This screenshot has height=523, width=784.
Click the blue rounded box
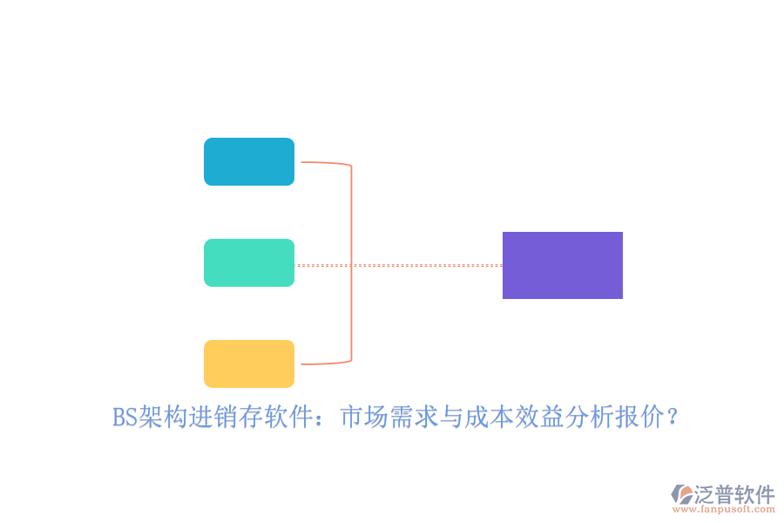249,161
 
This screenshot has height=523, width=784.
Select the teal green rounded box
249,262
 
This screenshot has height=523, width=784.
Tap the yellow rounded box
249,363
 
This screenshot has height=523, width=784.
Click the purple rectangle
563,265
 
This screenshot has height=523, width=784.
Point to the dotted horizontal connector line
398,265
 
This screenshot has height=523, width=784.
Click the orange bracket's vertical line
352,262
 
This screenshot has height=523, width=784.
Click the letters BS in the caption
125,417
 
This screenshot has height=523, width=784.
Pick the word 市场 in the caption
364,417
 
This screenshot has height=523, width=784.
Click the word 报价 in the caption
640,417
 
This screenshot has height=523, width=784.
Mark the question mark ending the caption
672,417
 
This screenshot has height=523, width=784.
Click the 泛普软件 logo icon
682,494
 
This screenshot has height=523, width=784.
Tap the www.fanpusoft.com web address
724,509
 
